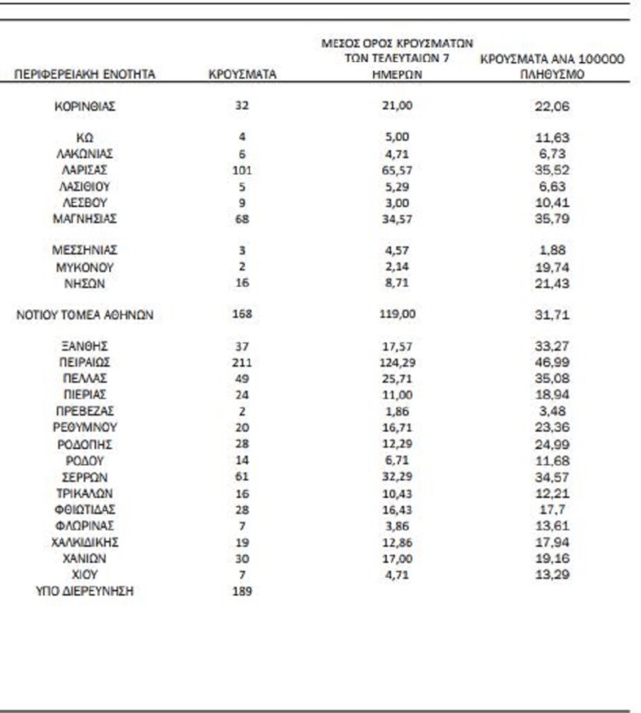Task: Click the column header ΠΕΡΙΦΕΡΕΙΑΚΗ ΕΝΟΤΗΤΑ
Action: coord(85,75)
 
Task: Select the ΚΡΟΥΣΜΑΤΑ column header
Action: coord(243,75)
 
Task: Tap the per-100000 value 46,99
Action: coord(552,361)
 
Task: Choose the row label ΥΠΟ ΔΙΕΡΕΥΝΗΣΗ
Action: coord(85,592)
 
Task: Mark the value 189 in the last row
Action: coord(243,592)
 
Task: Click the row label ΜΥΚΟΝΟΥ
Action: coord(85,267)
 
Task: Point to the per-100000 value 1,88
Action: coord(552,250)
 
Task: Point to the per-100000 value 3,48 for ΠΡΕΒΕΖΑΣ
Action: coord(552,410)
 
